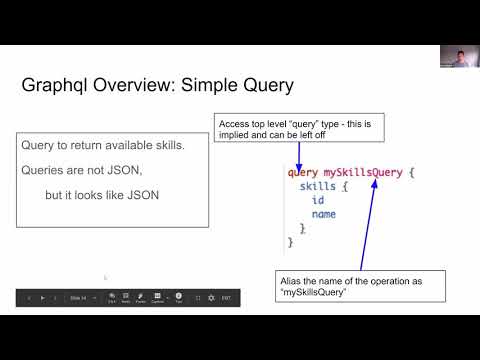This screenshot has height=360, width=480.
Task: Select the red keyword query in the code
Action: point(302,172)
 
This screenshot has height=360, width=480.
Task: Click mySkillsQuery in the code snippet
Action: point(362,172)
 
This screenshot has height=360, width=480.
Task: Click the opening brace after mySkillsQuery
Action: point(411,172)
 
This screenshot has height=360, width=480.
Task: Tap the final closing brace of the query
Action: point(290,242)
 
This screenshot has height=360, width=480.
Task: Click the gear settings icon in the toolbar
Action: point(211,298)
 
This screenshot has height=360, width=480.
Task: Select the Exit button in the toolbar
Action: point(227,298)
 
